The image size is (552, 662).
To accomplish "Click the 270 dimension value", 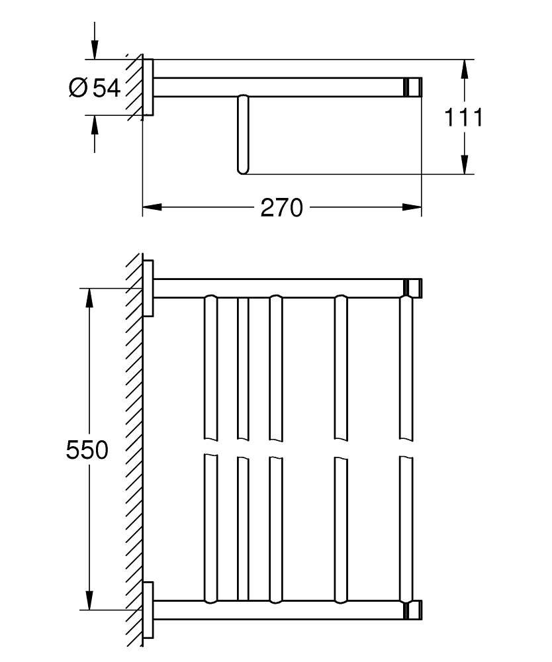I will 281,208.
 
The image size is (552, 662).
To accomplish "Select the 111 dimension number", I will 463,118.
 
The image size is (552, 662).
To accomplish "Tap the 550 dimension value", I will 87,450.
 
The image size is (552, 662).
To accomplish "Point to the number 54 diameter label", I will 107,87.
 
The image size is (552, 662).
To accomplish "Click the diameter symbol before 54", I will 77,87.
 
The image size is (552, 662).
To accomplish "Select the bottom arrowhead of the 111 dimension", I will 465,165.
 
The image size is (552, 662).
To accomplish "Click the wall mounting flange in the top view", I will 149,87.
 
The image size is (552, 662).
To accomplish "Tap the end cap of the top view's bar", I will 414,87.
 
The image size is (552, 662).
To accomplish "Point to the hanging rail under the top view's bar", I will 242,134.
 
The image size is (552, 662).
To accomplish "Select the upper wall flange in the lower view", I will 149,288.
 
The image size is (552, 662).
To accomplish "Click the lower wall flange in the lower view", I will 149,609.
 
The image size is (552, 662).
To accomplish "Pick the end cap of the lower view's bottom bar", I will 414,609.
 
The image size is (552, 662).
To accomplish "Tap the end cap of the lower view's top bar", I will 414,288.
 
